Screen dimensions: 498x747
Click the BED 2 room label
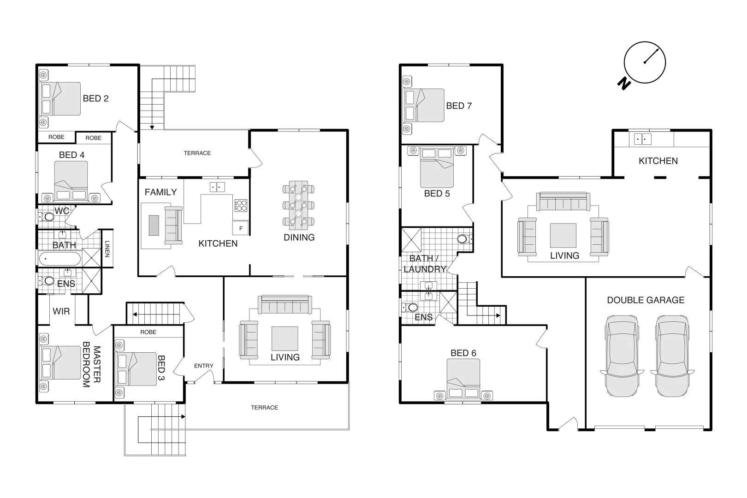click(95, 98)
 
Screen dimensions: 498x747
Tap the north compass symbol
click(645, 63)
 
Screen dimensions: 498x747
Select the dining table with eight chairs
click(298, 205)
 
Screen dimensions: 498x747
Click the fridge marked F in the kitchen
click(241, 228)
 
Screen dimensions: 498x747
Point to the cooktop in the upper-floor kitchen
click(241, 205)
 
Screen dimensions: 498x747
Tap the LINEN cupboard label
click(107, 249)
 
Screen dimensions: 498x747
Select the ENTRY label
click(203, 366)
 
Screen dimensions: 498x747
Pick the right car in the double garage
click(672, 356)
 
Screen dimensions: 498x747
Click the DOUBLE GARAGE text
click(645, 300)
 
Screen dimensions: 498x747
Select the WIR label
click(61, 311)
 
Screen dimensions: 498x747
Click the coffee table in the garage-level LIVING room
click(563, 235)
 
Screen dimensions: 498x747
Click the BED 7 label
click(458, 106)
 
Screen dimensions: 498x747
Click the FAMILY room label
click(160, 192)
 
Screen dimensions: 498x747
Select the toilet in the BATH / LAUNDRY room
click(463, 239)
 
